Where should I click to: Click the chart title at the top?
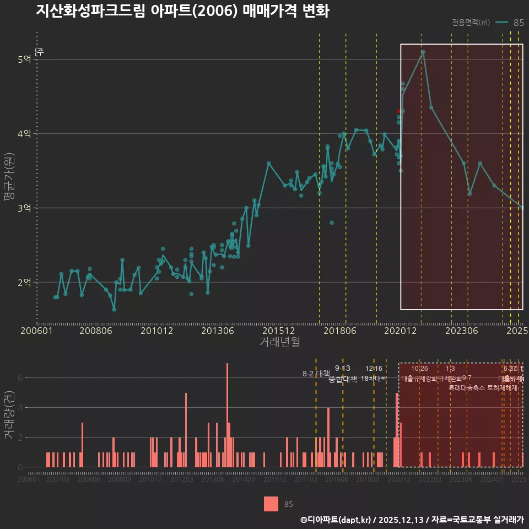182,12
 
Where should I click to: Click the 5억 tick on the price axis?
24,59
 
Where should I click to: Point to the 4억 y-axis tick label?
24,133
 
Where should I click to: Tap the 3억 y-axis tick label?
24,208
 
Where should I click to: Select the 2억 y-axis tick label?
24,282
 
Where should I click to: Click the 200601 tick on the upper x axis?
37,331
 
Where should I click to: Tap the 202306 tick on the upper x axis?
461,331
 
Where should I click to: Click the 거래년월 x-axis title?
279,342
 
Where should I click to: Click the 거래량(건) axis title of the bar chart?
9,415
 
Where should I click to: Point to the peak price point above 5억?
423,52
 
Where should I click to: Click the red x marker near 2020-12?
398,111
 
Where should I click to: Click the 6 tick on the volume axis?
21,378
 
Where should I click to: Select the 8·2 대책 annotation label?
316,374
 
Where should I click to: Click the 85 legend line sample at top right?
501,23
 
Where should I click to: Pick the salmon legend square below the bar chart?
271,504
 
